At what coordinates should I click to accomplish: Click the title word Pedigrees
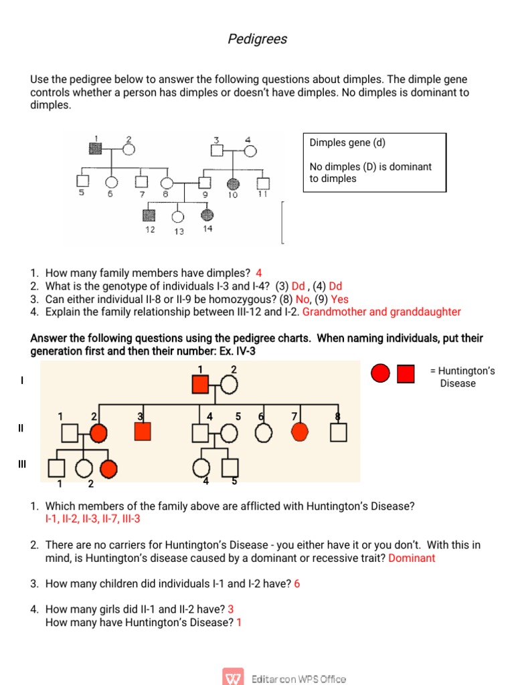[x=257, y=39]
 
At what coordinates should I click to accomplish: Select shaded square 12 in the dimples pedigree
[x=149, y=215]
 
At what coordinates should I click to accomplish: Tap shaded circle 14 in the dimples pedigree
[x=207, y=215]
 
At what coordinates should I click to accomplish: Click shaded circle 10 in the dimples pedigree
[x=233, y=183]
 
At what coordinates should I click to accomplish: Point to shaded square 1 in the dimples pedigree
[x=96, y=149]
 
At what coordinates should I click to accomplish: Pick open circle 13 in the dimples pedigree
[x=177, y=216]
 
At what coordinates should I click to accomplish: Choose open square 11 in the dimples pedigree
[x=263, y=183]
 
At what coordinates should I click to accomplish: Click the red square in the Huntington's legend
[x=406, y=373]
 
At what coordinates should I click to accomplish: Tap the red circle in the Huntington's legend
[x=380, y=373]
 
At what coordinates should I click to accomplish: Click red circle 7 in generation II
[x=298, y=433]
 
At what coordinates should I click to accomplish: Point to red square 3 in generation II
[x=142, y=432]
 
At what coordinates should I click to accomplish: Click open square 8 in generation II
[x=339, y=433]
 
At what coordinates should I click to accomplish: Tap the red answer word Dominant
[x=412, y=558]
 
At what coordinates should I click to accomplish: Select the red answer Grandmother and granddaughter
[x=381, y=312]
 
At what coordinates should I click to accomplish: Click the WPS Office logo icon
[x=234, y=678]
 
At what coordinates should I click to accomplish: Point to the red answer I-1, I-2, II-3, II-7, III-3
[x=92, y=519]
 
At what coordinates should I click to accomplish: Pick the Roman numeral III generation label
[x=22, y=464]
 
